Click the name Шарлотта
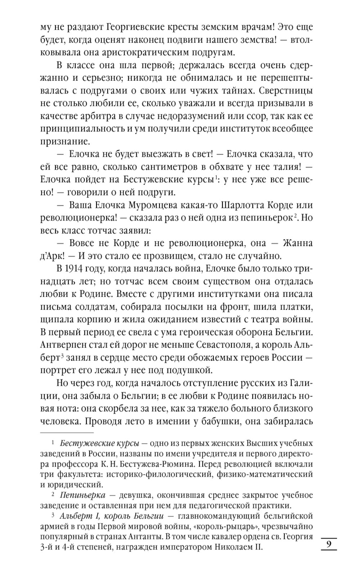(x=239, y=205)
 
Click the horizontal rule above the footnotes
(x=67, y=432)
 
